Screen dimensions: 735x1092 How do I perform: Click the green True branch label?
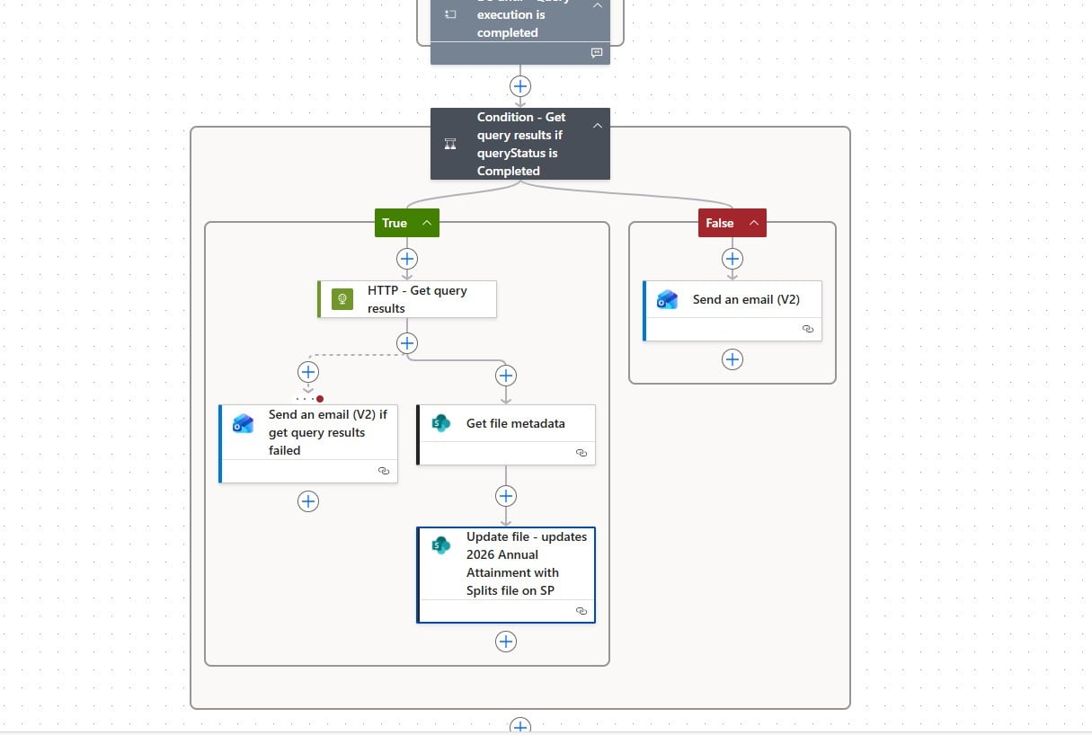tap(395, 223)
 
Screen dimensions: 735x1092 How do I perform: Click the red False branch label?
tap(719, 223)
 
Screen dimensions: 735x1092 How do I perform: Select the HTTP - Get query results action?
tap(416, 299)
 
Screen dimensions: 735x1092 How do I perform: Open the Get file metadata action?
tap(515, 423)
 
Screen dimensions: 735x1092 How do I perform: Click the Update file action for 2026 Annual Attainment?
tap(526, 563)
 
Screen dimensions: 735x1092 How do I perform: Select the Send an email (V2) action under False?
tap(745, 300)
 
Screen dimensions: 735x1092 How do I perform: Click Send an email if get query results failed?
tap(327, 432)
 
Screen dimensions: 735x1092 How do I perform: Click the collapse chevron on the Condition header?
tap(598, 126)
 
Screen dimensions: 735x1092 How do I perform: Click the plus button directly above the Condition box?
tap(520, 86)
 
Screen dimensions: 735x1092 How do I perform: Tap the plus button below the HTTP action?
tap(407, 343)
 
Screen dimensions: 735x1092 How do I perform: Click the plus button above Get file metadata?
tap(506, 376)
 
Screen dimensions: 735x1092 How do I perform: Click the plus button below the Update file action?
tap(506, 642)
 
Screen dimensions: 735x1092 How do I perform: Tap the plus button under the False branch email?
tap(732, 359)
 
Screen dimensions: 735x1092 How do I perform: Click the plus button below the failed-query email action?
tap(308, 501)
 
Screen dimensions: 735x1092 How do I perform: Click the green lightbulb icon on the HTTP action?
tap(342, 299)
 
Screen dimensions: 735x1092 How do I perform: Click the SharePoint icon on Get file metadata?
tap(440, 423)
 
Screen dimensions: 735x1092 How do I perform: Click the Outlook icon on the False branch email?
tap(667, 300)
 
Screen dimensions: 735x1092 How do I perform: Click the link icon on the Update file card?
tap(582, 611)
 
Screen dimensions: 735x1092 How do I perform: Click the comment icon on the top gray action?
tap(596, 53)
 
